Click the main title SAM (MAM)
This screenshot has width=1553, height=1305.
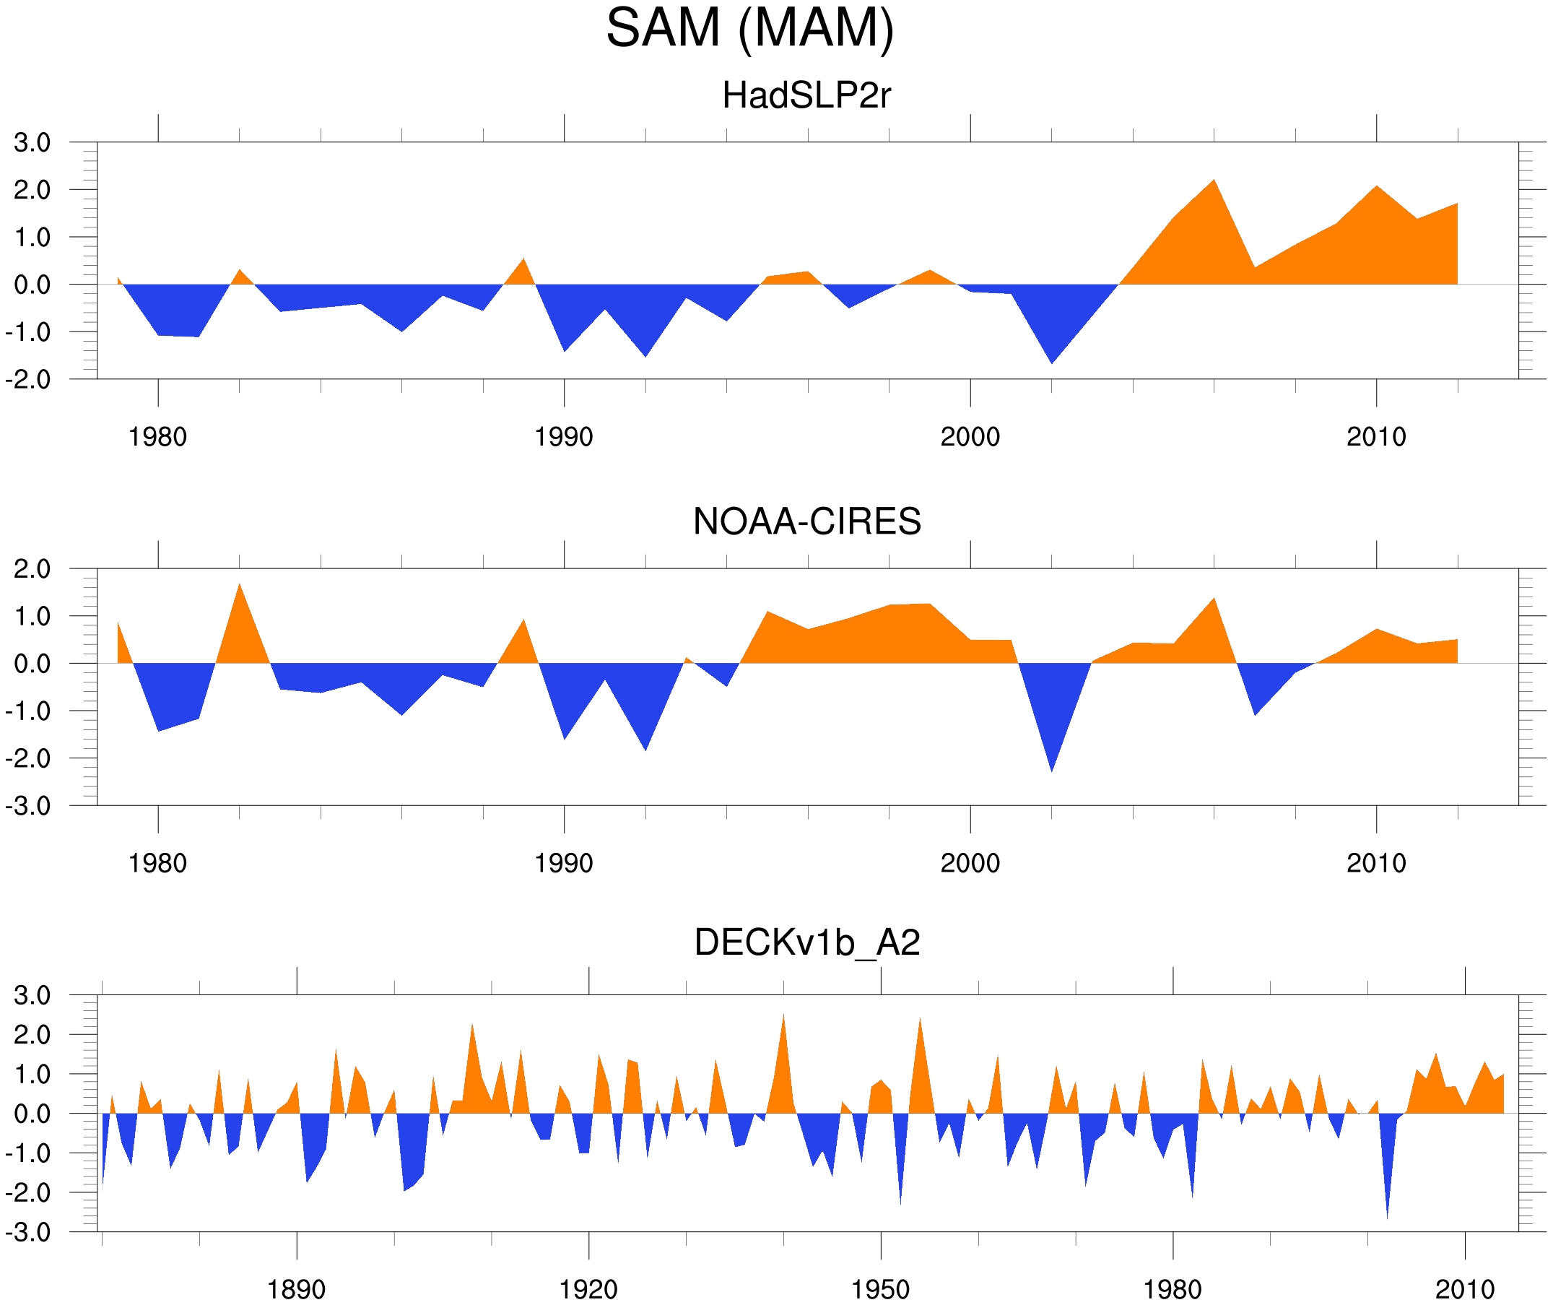(750, 28)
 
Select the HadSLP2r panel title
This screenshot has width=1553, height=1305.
(806, 95)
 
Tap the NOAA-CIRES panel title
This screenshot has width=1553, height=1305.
(806, 521)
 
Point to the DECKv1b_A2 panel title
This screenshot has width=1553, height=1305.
(806, 943)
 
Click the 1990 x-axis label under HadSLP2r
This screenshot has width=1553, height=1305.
(564, 437)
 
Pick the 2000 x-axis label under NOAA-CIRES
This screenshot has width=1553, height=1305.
(970, 863)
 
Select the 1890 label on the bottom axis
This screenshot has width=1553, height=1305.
(296, 1289)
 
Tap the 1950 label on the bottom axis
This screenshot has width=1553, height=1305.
(880, 1289)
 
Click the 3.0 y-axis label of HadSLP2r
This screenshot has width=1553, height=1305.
(32, 143)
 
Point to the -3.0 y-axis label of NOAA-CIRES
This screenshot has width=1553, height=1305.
(28, 807)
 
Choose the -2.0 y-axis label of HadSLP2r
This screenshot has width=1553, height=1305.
(28, 381)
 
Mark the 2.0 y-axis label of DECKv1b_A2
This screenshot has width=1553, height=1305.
(32, 1035)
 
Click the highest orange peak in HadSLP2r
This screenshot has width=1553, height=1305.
(1214, 182)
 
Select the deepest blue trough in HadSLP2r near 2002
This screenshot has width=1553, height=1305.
(1052, 361)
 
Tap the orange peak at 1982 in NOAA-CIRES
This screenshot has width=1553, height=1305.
(240, 586)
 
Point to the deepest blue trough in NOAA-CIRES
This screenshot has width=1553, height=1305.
(1052, 769)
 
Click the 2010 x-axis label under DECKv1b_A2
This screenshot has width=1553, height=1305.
(1464, 1289)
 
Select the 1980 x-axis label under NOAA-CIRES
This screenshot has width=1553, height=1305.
(157, 863)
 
